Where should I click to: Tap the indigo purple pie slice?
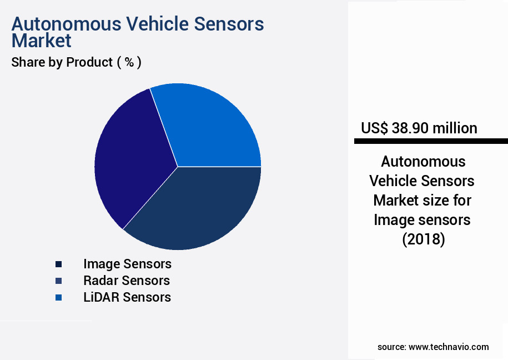point(130,161)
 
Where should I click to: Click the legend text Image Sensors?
point(127,263)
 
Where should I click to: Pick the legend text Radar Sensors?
point(127,280)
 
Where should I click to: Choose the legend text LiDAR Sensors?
point(127,297)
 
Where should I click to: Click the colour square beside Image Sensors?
point(58,264)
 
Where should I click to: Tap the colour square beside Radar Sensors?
point(58,281)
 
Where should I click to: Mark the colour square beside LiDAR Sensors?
point(58,297)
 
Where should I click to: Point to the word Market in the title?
point(41,41)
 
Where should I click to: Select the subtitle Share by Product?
point(62,62)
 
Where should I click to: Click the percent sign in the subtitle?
point(129,62)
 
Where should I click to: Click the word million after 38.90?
point(455,128)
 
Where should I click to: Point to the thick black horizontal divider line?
point(431,142)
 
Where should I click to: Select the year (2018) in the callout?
point(423,239)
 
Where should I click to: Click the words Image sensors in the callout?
point(422,220)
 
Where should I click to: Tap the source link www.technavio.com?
point(449,347)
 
